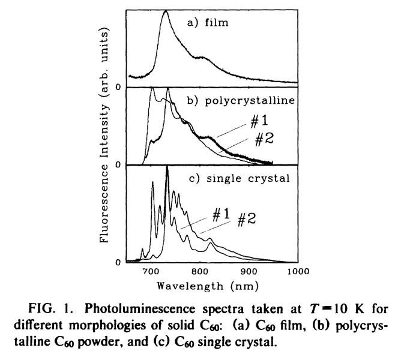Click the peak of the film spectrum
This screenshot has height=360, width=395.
[x=166, y=11]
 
